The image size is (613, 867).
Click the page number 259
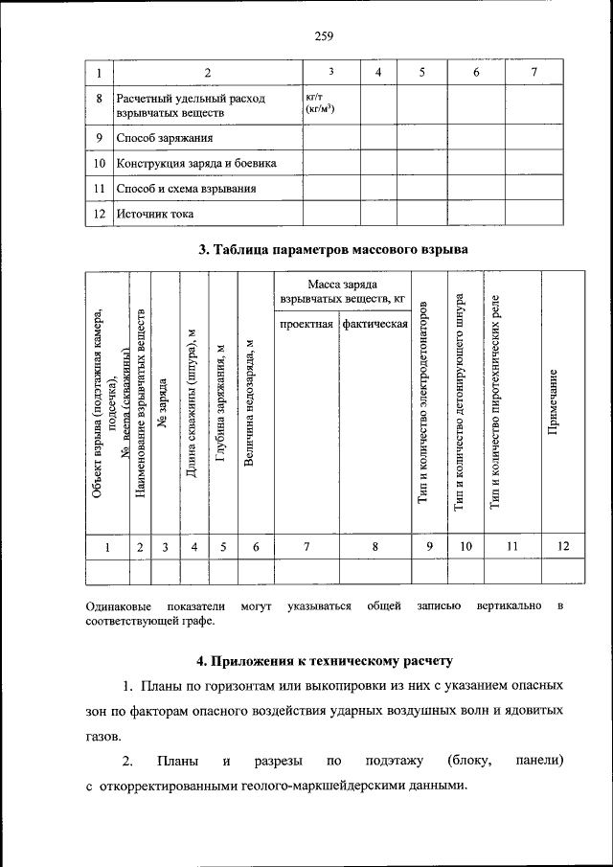click(323, 37)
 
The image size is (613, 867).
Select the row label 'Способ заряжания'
click(164, 138)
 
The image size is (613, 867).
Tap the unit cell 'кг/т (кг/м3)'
click(318, 104)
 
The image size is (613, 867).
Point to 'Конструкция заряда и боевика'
click(196, 164)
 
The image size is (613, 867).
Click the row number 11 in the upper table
click(100, 190)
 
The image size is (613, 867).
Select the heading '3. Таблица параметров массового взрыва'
click(332, 251)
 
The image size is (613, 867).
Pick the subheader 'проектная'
click(306, 324)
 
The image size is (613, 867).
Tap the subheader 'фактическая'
click(375, 324)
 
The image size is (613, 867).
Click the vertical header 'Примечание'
click(553, 403)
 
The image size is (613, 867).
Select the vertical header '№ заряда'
click(165, 403)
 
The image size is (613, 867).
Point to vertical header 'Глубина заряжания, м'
click(221, 403)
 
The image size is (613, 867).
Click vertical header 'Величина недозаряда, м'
click(250, 403)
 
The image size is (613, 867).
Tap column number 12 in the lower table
click(562, 546)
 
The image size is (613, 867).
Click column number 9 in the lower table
click(430, 546)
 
